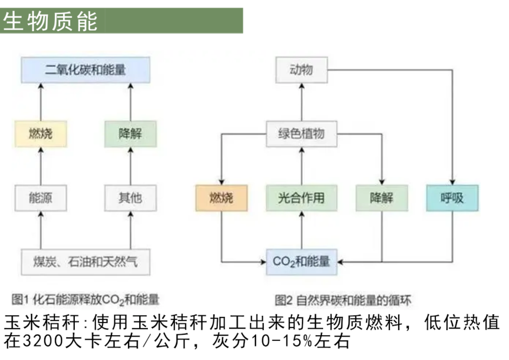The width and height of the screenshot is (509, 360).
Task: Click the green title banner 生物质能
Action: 121,20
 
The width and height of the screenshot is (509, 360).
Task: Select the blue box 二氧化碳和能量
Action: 85,70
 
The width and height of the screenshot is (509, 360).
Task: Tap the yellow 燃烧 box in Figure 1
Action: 41,133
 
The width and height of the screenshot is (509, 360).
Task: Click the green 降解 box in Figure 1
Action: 130,133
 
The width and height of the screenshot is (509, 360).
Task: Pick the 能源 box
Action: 41,197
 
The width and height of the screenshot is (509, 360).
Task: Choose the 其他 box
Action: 130,197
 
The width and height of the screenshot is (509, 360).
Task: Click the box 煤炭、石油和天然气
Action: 85,262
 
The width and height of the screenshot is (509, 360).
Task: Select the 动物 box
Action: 301,70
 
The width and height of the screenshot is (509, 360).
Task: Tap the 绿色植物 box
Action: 301,133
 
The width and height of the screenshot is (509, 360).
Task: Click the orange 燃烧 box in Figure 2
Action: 221,197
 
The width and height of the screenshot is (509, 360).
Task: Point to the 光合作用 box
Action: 301,197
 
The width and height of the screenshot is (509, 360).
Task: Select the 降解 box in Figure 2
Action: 381,197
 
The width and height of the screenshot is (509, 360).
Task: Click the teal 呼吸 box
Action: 452,197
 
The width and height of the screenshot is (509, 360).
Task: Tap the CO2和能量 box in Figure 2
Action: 301,262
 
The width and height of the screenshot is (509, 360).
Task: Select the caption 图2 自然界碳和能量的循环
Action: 342,301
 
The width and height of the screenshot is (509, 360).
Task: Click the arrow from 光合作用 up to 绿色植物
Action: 301,166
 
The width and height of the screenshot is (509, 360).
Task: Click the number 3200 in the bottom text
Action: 36,341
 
